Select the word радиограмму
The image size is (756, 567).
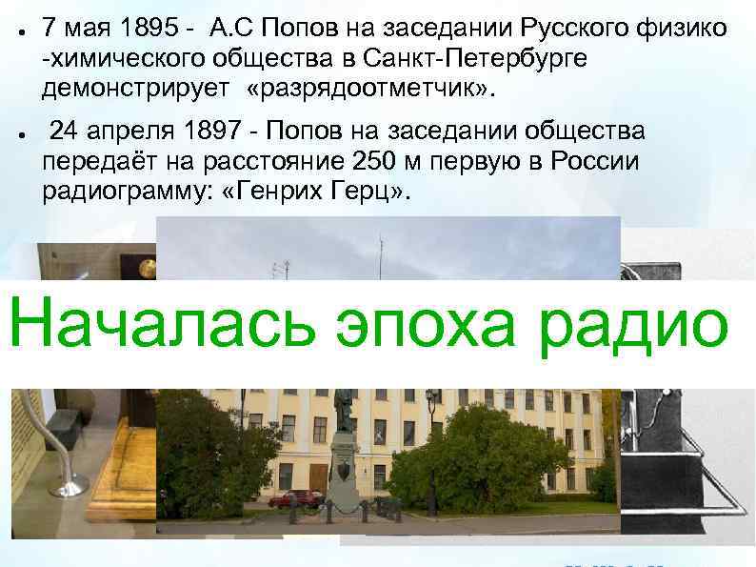(x=114, y=191)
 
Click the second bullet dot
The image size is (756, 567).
(x=20, y=132)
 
